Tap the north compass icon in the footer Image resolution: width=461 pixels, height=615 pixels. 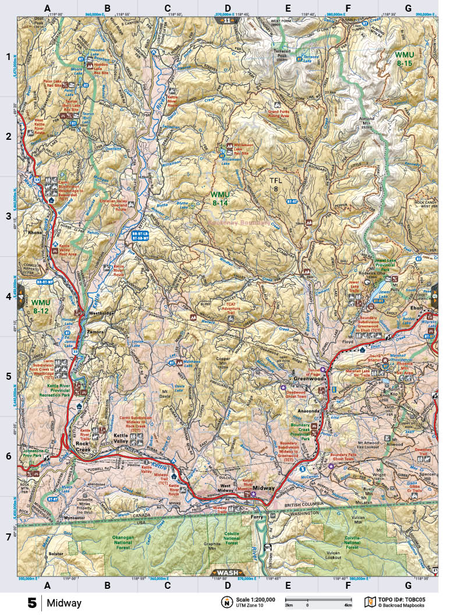225,602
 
